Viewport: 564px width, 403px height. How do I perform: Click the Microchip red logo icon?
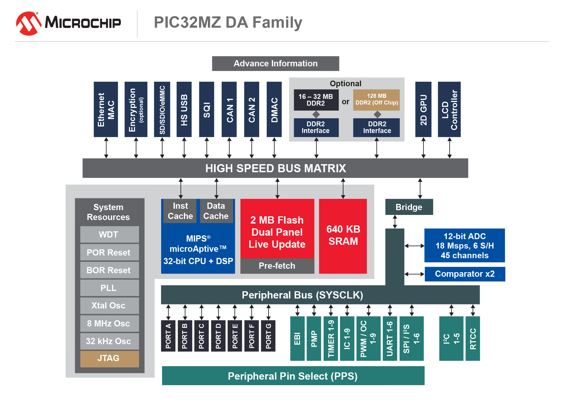(x=28, y=23)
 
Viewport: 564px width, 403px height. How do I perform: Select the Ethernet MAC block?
(x=106, y=109)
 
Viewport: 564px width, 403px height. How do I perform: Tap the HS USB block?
(x=184, y=109)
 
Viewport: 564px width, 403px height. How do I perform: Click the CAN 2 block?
(x=251, y=109)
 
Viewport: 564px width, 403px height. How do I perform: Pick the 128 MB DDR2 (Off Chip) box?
(x=376, y=100)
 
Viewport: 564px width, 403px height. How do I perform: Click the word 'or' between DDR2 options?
(x=345, y=102)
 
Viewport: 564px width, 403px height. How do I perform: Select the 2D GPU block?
(x=423, y=109)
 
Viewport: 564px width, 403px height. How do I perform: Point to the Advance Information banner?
(x=275, y=63)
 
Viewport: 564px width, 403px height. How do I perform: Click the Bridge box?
(x=409, y=207)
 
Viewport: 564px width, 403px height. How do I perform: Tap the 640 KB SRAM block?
(x=343, y=236)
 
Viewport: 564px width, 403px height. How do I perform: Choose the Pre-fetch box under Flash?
(x=277, y=266)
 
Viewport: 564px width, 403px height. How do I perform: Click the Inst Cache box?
(x=180, y=211)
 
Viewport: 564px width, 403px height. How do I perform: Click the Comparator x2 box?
(x=465, y=274)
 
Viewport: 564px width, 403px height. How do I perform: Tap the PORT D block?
(x=218, y=336)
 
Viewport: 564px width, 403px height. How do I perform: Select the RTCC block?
(x=472, y=338)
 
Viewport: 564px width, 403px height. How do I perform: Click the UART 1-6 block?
(x=389, y=338)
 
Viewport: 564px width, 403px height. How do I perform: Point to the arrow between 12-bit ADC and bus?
(x=414, y=246)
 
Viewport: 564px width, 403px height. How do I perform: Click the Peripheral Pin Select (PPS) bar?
(x=293, y=376)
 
